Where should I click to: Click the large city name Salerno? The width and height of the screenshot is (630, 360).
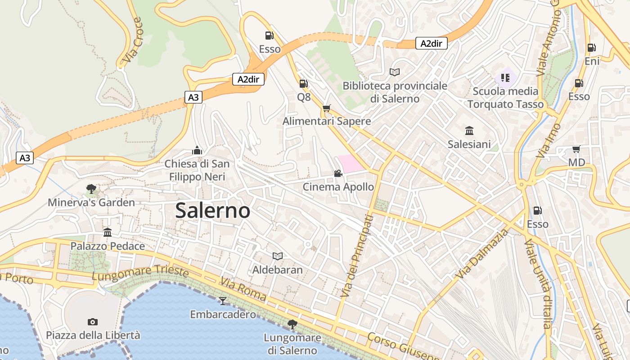[212, 210]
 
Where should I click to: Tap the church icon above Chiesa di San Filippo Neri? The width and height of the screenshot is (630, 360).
[197, 150]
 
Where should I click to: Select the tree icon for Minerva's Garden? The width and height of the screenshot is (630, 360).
[91, 189]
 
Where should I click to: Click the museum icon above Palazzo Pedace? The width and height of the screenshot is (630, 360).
[108, 232]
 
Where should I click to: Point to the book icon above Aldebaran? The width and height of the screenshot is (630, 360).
[278, 256]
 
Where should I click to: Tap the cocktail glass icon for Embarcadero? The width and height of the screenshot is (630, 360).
[223, 301]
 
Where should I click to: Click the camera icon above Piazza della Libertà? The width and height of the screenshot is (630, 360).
[93, 322]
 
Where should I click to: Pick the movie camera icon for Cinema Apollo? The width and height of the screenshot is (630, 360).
[338, 173]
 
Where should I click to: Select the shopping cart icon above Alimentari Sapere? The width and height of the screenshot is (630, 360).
[326, 108]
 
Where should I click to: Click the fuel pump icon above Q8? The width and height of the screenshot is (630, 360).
[303, 83]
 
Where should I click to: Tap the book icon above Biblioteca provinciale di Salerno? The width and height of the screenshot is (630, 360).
[395, 72]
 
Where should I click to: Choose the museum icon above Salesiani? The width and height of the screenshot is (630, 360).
[469, 130]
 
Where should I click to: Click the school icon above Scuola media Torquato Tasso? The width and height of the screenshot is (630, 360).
[505, 77]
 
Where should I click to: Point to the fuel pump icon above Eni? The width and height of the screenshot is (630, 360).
[591, 47]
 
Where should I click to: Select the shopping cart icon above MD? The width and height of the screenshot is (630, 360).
[576, 149]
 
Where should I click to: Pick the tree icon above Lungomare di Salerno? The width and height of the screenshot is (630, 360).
[292, 324]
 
